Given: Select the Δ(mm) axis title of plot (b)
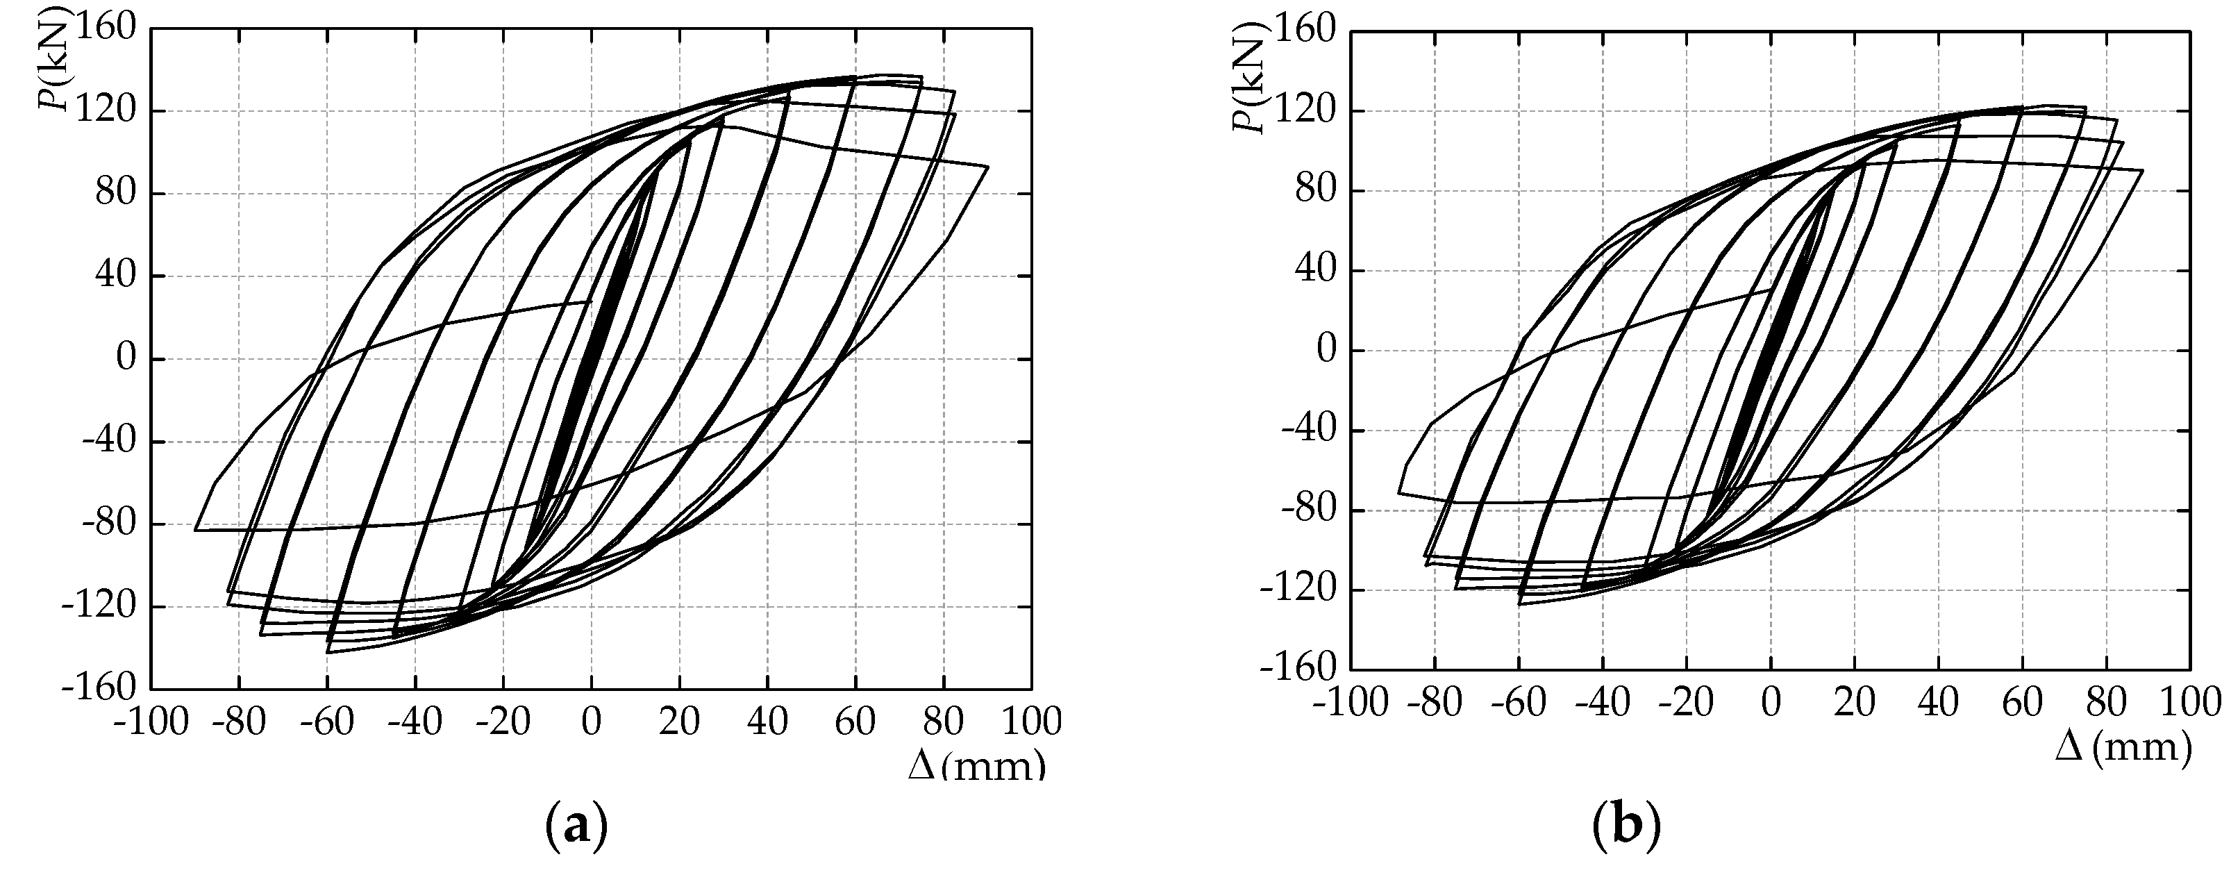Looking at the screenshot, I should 2123,747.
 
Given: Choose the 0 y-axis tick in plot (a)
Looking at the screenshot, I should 126,358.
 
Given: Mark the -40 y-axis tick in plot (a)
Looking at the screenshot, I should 108,441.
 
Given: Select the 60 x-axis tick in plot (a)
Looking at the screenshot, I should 855,721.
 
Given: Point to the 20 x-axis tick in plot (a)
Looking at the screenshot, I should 679,721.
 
